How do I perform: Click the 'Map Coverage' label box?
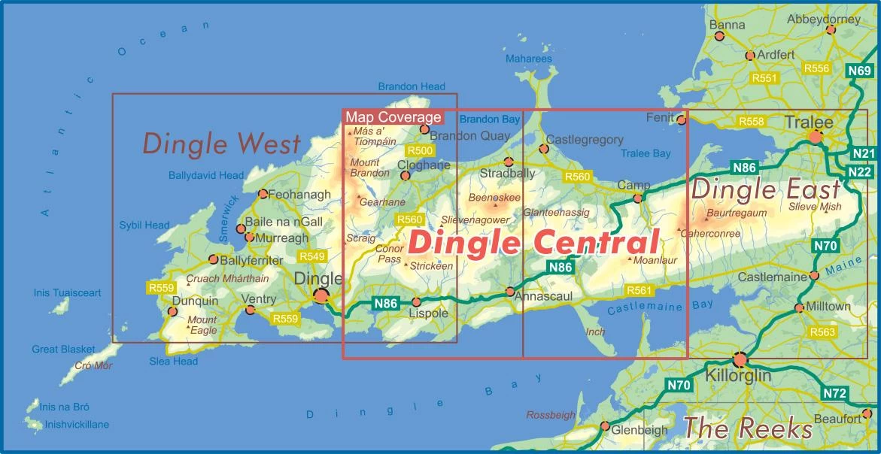[x=393, y=118]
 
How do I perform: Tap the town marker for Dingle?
[x=321, y=296]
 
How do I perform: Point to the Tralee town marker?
[x=815, y=137]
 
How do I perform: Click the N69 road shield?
[x=859, y=71]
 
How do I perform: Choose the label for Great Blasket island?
[x=63, y=350]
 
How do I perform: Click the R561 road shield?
[x=639, y=290]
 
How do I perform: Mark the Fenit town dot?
[x=682, y=120]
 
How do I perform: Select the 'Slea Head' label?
[x=174, y=362]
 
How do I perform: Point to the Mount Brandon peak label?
[x=365, y=168]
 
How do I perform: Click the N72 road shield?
[x=835, y=393]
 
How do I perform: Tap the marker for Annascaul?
[x=509, y=292]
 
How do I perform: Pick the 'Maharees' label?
[x=528, y=59]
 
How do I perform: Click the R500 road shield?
[x=419, y=151]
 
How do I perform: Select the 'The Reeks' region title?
[x=748, y=428]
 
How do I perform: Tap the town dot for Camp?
[x=638, y=198]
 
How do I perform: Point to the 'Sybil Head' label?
[x=144, y=225]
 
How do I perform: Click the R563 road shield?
[x=822, y=331]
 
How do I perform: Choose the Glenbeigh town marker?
[x=605, y=426]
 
